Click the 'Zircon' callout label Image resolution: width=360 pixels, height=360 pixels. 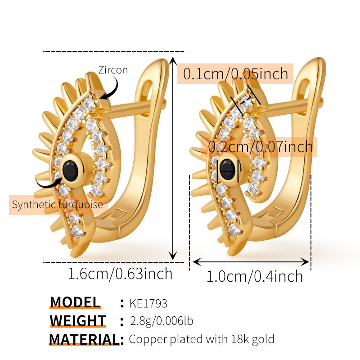tap(113, 70)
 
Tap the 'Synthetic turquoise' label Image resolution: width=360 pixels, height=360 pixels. tap(58, 205)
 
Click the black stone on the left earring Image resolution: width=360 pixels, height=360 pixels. tap(71, 170)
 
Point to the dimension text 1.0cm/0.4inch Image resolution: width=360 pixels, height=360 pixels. tap(255, 276)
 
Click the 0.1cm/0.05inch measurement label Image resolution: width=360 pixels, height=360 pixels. tap(235, 73)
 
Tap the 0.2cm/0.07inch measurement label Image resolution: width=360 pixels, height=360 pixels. tap(261, 146)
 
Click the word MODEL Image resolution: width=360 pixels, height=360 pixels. tap(75, 302)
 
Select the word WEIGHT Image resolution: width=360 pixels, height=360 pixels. tap(78, 321)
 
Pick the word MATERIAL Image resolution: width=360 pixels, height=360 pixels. tap(84, 339)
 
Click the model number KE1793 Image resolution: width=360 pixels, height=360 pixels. tap(148, 303)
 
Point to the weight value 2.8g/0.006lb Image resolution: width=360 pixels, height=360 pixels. tap(161, 321)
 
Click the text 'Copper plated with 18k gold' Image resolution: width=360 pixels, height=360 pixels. tap(201, 339)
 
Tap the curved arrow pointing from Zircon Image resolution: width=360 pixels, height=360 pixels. tap(110, 88)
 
